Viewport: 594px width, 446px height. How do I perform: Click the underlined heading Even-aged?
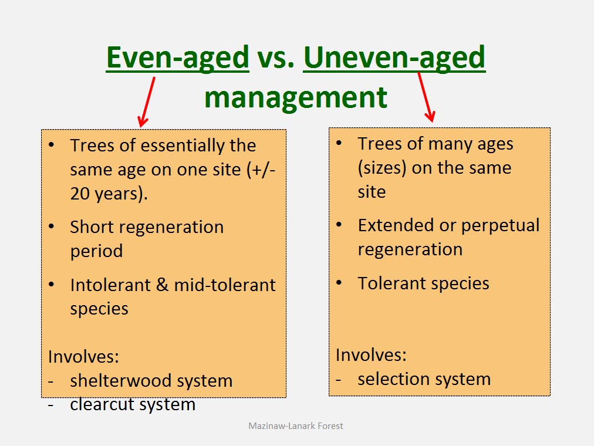[178, 58]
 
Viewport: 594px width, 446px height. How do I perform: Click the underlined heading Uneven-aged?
[394, 58]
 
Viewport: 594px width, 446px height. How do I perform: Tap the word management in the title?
[296, 98]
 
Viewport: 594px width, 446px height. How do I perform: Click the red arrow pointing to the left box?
[147, 102]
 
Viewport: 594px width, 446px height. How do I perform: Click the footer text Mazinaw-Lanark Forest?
[295, 426]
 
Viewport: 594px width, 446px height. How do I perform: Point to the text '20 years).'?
[109, 194]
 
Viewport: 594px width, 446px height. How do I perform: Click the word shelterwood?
[122, 380]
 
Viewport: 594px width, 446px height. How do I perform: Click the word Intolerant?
[110, 285]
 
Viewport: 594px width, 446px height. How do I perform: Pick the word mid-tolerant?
[225, 285]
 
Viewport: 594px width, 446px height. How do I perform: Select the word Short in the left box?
[92, 227]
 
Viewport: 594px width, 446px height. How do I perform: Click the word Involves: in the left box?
[83, 357]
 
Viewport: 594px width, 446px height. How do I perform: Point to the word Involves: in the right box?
[371, 355]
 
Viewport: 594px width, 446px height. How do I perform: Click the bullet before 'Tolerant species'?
[339, 283]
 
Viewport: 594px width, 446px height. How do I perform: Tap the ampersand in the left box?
[162, 285]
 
